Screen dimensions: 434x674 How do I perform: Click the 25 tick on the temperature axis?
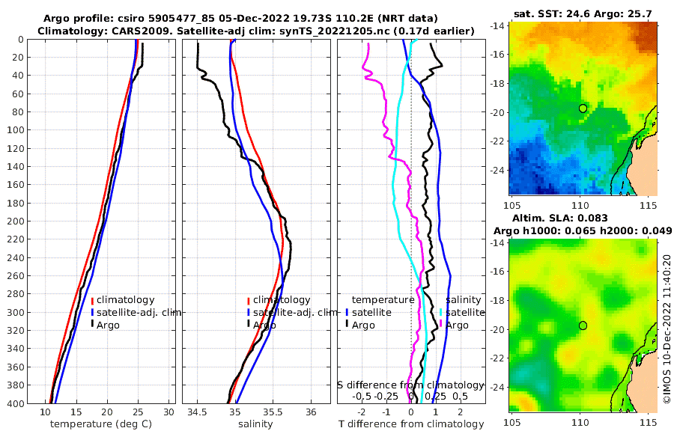coord(138,412)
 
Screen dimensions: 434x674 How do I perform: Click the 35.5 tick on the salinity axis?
coord(273,412)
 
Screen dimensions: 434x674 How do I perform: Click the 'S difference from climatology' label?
coord(410,385)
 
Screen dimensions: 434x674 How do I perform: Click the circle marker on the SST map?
coord(583,109)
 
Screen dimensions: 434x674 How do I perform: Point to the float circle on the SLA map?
coord(583,325)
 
